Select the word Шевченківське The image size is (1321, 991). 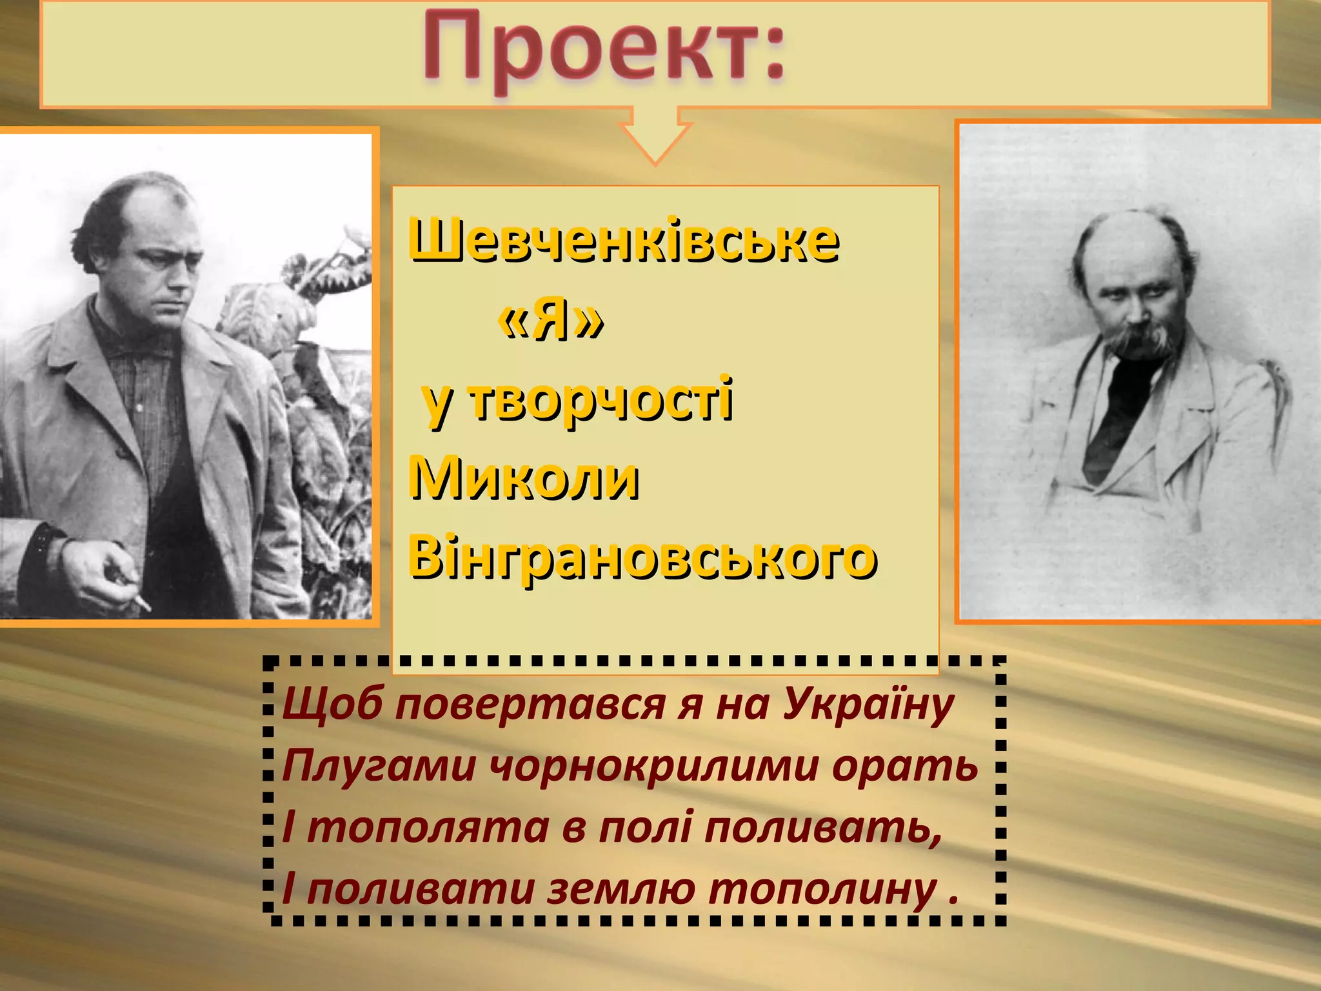pos(623,242)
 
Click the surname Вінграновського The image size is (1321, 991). pos(642,558)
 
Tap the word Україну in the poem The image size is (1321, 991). pos(868,705)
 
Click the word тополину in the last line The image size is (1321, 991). pos(822,890)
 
